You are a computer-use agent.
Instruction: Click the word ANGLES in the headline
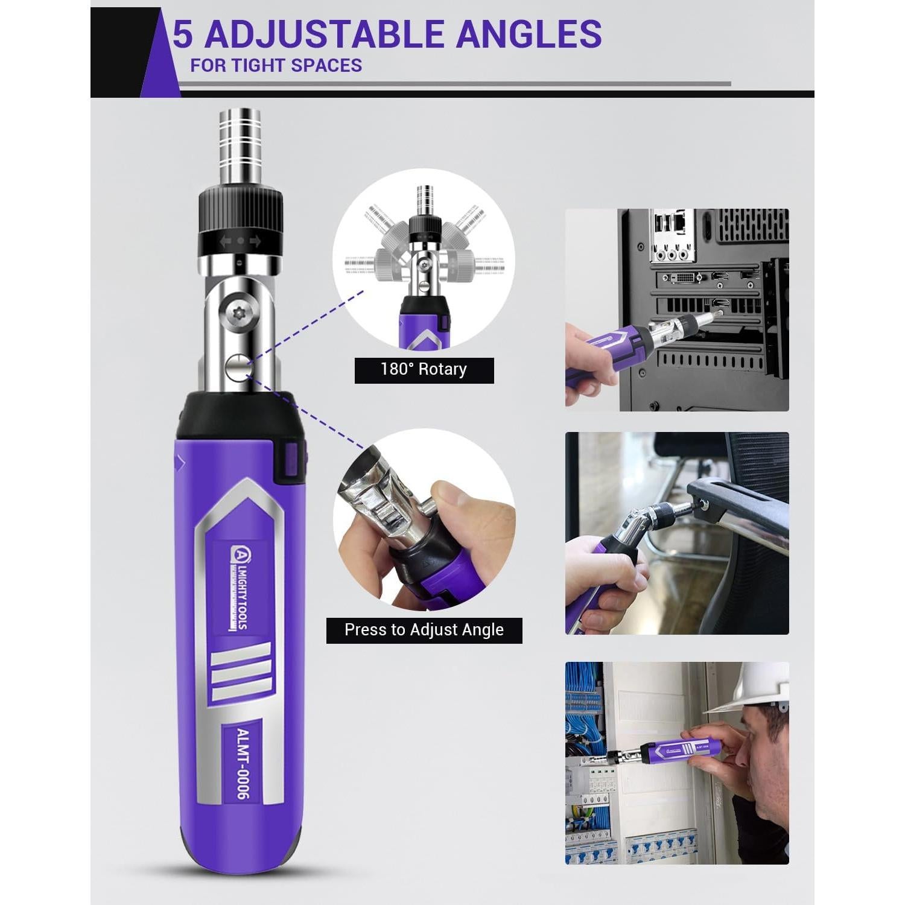tap(529, 34)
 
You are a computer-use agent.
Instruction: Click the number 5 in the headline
tap(183, 34)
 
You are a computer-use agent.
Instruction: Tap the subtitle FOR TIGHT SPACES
tap(276, 65)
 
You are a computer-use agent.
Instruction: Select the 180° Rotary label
tap(424, 370)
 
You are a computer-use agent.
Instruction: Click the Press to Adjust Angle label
tap(424, 630)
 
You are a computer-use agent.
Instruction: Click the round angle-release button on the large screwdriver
tap(238, 366)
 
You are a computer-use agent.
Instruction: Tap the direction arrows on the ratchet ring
tap(240, 241)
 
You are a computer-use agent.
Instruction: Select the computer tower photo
tap(677, 310)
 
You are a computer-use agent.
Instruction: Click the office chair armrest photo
tap(677, 533)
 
